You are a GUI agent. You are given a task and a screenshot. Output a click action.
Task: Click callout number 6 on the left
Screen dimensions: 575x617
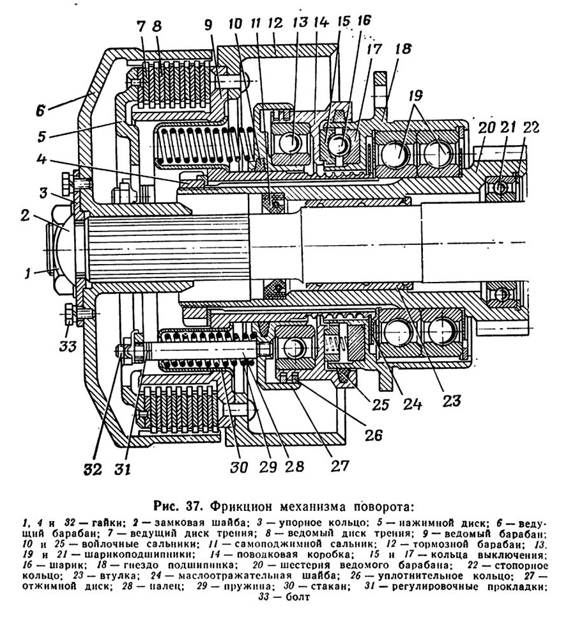tap(40, 111)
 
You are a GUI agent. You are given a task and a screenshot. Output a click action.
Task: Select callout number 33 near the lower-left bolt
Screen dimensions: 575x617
tap(68, 347)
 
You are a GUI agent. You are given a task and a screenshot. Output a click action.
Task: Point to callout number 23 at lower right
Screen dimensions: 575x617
tap(451, 401)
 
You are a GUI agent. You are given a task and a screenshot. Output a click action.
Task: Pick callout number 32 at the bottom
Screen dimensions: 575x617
tap(93, 469)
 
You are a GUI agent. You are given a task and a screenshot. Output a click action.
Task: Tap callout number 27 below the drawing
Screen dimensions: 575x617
tap(340, 465)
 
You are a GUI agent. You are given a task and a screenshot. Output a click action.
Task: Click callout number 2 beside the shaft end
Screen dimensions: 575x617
tap(25, 215)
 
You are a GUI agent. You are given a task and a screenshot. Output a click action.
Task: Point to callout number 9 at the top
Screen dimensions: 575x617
tap(208, 24)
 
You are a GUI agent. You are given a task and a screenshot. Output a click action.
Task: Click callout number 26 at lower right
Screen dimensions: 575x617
tap(373, 435)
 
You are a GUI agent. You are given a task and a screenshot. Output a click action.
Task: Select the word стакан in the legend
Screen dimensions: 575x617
tap(329, 586)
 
